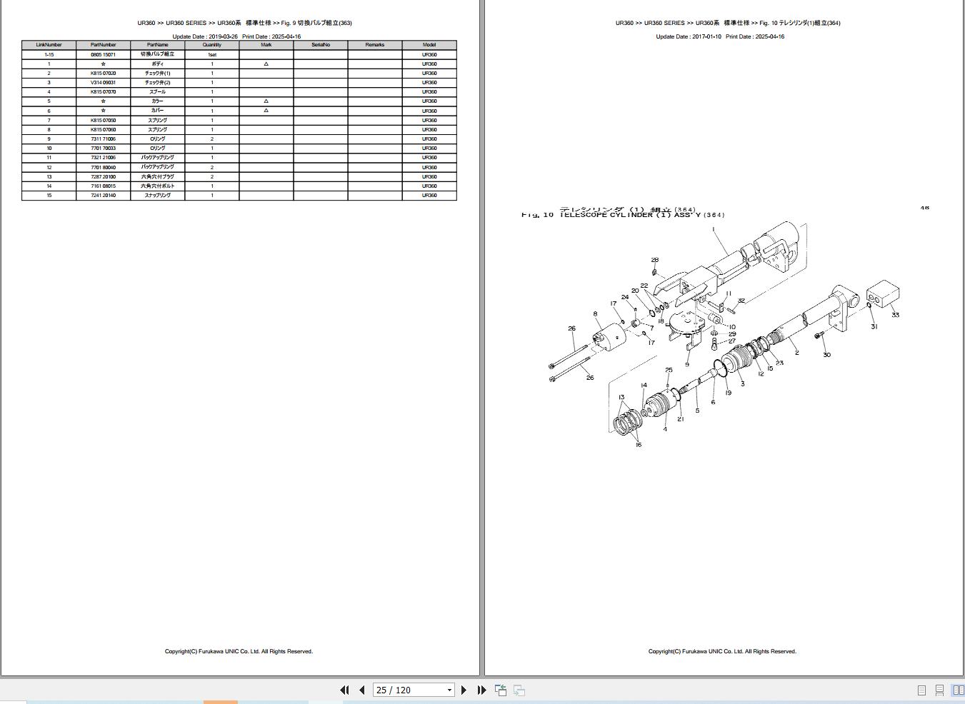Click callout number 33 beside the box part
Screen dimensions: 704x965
[895, 315]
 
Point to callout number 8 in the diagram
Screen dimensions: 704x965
[595, 314]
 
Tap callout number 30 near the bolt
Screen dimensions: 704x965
[826, 355]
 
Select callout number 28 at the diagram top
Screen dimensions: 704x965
[655, 260]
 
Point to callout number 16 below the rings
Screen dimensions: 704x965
[639, 445]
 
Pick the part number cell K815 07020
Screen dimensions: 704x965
[103, 74]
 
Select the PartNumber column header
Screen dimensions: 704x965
[103, 45]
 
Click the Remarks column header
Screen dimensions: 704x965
[374, 45]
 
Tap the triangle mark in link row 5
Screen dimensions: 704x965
[266, 101]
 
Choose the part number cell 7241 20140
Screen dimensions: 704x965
[103, 196]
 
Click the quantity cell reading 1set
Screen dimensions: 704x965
[211, 55]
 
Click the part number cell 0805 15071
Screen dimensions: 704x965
[103, 55]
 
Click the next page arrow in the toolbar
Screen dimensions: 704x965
[464, 690]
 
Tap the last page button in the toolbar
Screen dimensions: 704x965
[481, 690]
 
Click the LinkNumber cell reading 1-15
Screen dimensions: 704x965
[49, 55]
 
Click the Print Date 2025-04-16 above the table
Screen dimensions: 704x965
[271, 36]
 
